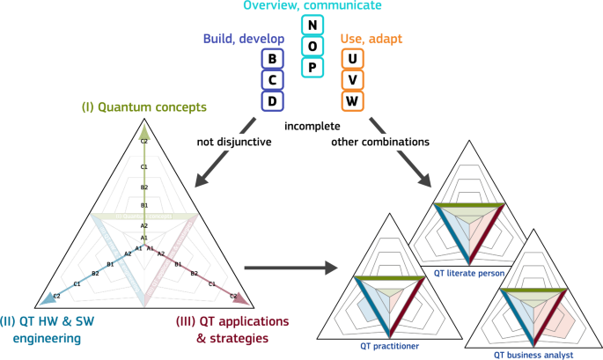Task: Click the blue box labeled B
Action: pyautogui.click(x=272, y=59)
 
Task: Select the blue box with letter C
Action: pyautogui.click(x=272, y=79)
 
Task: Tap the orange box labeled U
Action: pyautogui.click(x=352, y=59)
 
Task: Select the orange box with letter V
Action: pyautogui.click(x=352, y=79)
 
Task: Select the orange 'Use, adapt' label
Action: pyautogui.click(x=371, y=39)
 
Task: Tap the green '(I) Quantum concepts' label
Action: pyautogui.click(x=144, y=108)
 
